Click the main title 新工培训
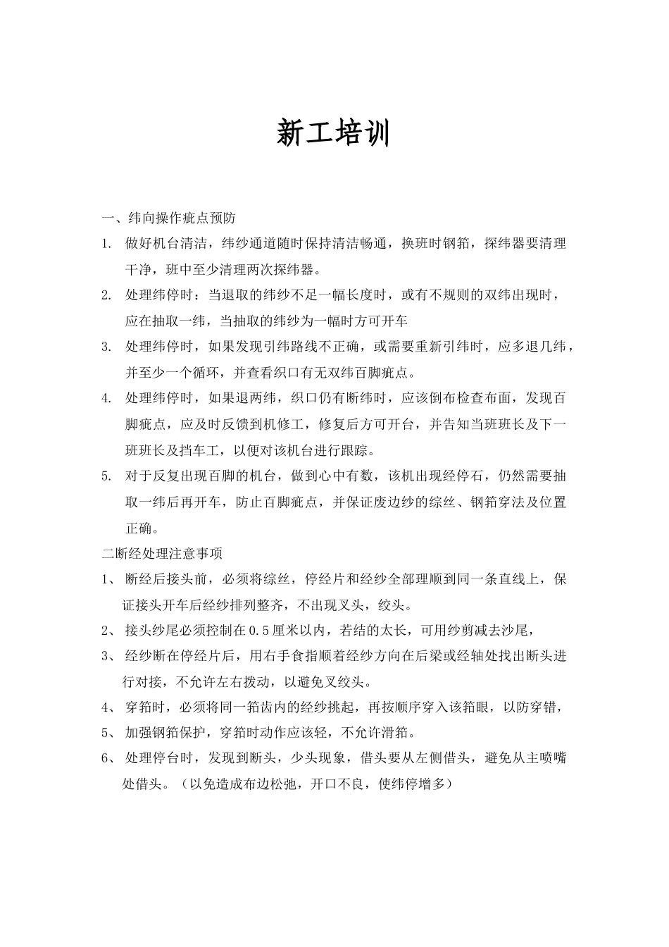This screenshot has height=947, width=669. click(x=333, y=133)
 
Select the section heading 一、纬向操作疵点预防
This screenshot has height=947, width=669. click(x=173, y=218)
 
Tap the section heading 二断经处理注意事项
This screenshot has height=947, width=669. click(x=162, y=553)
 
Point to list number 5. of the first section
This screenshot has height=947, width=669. click(x=106, y=476)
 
